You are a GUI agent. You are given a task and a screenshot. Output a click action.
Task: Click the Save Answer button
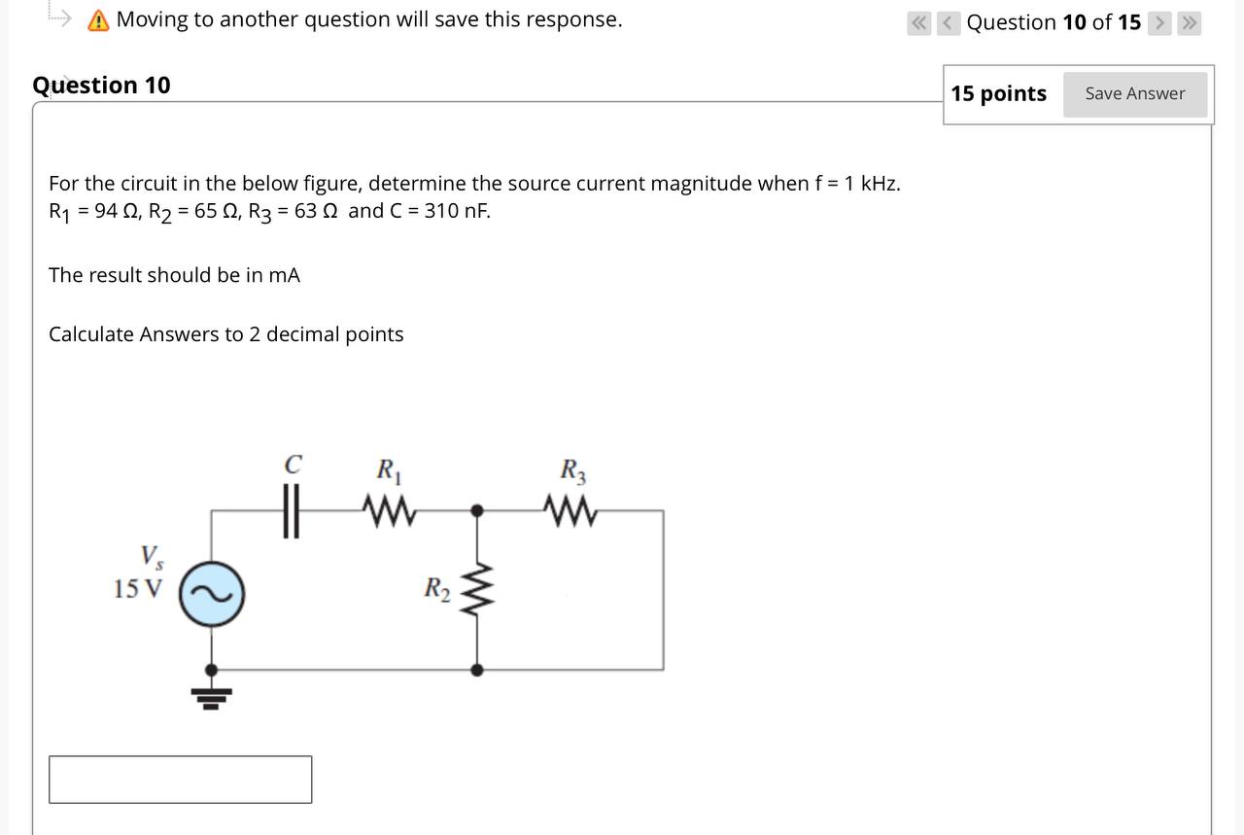click(1134, 94)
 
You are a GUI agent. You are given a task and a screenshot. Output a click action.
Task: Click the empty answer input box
click(181, 780)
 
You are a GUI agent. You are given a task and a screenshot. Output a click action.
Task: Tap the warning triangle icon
click(98, 20)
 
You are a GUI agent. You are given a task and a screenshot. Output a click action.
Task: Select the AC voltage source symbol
click(211, 592)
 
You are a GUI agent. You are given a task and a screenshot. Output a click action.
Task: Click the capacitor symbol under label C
click(289, 510)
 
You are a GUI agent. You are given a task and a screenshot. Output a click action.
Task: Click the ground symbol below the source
click(211, 696)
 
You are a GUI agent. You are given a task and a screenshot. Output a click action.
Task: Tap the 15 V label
click(137, 589)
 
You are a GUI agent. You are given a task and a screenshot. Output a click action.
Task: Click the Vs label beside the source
click(152, 557)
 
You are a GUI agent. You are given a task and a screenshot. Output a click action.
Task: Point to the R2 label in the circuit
click(436, 589)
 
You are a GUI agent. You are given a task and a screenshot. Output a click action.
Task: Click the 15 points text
click(998, 94)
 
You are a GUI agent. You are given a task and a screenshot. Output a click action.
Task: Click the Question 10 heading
click(101, 86)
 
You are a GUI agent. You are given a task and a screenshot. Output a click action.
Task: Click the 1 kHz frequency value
click(873, 184)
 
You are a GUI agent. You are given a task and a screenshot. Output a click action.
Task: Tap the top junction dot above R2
click(476, 509)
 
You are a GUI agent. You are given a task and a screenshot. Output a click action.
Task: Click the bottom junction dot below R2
click(476, 670)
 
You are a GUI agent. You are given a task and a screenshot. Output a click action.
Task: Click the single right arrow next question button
click(1159, 22)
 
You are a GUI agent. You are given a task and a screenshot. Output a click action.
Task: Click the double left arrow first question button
click(917, 22)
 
